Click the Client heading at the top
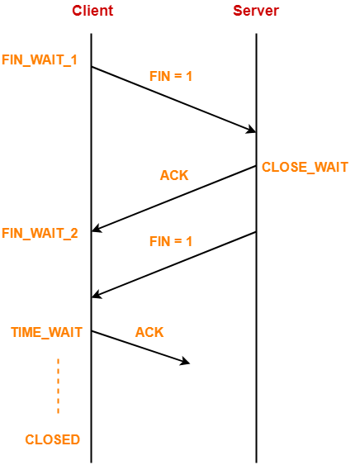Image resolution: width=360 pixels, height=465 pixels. tap(92, 11)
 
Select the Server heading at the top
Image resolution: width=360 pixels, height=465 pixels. tap(255, 11)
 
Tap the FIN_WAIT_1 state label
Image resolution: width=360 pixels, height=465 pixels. tap(40, 60)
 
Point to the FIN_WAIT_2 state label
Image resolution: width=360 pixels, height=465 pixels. tap(40, 233)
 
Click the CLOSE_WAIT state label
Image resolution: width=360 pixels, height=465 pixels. tap(305, 167)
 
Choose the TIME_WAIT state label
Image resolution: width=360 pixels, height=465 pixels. tap(46, 332)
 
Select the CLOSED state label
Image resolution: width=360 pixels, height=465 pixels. tap(52, 439)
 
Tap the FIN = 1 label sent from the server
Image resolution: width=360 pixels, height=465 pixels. tap(170, 241)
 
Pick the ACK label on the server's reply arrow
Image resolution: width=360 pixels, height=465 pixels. tap(174, 175)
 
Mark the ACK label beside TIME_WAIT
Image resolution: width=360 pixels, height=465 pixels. tap(149, 332)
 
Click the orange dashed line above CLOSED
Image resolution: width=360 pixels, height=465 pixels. tap(59, 386)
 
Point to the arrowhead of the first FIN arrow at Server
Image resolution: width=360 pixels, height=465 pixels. tap(251, 130)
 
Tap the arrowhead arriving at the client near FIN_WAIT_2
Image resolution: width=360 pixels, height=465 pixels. tap(97, 230)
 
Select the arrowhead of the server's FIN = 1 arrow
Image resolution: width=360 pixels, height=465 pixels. tap(97, 295)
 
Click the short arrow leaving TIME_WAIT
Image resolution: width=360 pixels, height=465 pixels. tap(140, 347)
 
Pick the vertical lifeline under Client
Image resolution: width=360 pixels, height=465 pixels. tap(91, 396)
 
